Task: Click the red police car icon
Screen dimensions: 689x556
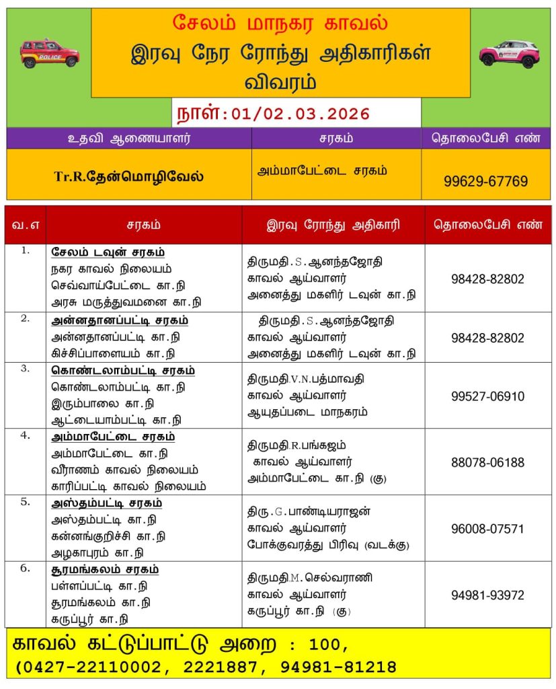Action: pyautogui.click(x=49, y=53)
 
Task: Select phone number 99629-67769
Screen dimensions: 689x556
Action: pyautogui.click(x=485, y=181)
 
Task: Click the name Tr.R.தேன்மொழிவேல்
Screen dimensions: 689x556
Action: pyautogui.click(x=129, y=177)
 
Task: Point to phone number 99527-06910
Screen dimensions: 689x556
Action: pyautogui.click(x=487, y=396)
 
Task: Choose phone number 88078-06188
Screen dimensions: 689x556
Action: pyautogui.click(x=487, y=462)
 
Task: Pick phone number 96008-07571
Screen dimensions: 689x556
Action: pyautogui.click(x=487, y=529)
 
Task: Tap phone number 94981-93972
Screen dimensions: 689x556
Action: pyautogui.click(x=487, y=595)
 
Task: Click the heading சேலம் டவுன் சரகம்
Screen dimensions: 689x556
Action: pyautogui.click(x=108, y=252)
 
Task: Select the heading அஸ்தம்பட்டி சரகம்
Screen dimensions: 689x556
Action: pyautogui.click(x=107, y=503)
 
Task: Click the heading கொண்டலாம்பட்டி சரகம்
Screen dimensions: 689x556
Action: pyautogui.click(x=123, y=370)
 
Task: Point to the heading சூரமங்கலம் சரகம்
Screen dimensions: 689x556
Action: pyautogui.click(x=106, y=569)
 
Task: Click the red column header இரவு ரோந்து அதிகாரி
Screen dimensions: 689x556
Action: pyautogui.click(x=333, y=225)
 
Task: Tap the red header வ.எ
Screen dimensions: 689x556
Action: pyautogui.click(x=25, y=225)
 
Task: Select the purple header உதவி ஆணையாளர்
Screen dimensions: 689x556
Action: pyautogui.click(x=129, y=138)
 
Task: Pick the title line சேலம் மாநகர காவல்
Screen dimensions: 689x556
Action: pyautogui.click(x=280, y=22)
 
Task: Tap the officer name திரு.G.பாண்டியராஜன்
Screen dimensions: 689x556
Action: pyautogui.click(x=309, y=511)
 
